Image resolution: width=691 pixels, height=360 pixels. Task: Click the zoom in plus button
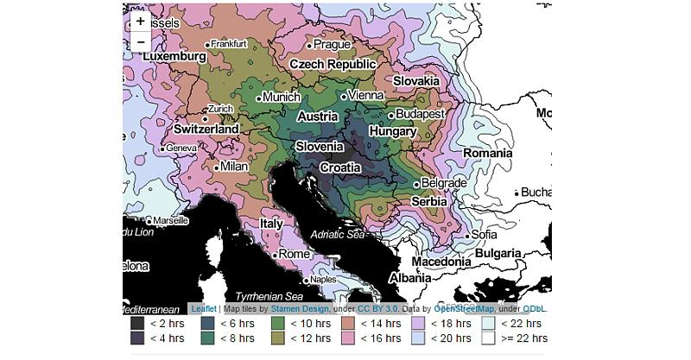pyautogui.click(x=140, y=21)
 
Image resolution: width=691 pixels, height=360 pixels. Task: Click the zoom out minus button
pyautogui.click(x=140, y=41)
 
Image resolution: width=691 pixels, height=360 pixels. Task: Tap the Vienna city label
pyautogui.click(x=365, y=95)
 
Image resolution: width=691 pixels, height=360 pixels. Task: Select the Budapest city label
pyautogui.click(x=421, y=114)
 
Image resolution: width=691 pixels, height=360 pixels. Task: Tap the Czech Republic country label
pyautogui.click(x=333, y=64)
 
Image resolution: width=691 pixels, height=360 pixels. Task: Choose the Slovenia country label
pyautogui.click(x=319, y=147)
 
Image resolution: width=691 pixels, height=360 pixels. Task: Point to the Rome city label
pyautogui.click(x=294, y=254)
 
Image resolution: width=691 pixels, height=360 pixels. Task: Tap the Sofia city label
pyautogui.click(x=484, y=234)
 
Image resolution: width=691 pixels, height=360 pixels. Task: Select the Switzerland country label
pyautogui.click(x=206, y=129)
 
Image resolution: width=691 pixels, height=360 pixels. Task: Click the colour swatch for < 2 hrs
pyautogui.click(x=136, y=324)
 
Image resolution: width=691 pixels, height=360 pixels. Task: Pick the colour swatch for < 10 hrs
pyautogui.click(x=277, y=324)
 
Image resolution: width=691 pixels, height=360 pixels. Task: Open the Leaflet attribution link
pyautogui.click(x=204, y=308)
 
